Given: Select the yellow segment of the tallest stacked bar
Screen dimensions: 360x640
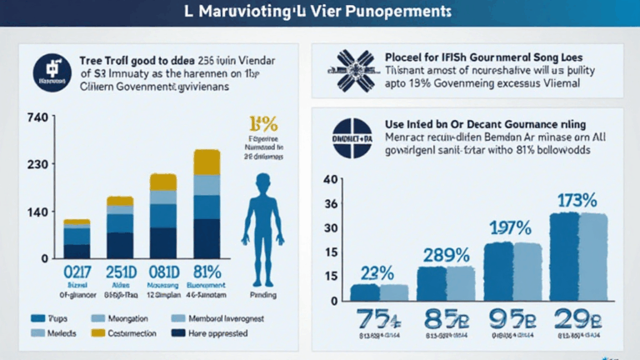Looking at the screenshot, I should point(207,162).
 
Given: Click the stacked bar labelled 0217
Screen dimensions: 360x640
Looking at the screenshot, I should point(77,239).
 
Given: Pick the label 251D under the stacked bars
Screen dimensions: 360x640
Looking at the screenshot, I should point(120,272).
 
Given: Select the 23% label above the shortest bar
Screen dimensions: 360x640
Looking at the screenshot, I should point(377,272).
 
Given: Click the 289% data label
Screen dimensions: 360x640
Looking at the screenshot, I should point(445,255).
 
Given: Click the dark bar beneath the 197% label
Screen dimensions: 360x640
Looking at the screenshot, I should point(498,270).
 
